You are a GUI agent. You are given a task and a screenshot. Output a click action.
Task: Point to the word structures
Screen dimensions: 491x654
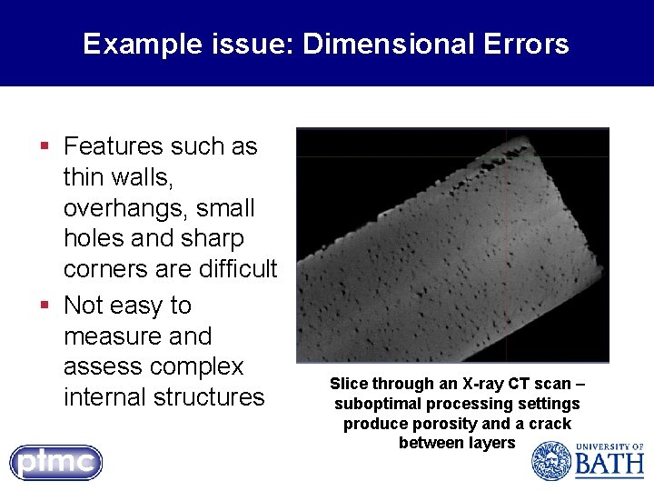pos(209,397)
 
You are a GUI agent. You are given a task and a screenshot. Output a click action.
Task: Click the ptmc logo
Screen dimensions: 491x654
pos(56,462)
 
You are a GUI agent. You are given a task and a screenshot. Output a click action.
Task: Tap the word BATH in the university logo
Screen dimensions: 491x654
pos(609,466)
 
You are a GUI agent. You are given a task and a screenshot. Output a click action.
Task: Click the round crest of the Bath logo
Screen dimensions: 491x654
pos(550,460)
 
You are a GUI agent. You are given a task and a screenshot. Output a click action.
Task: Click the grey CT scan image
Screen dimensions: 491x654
pos(452,245)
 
